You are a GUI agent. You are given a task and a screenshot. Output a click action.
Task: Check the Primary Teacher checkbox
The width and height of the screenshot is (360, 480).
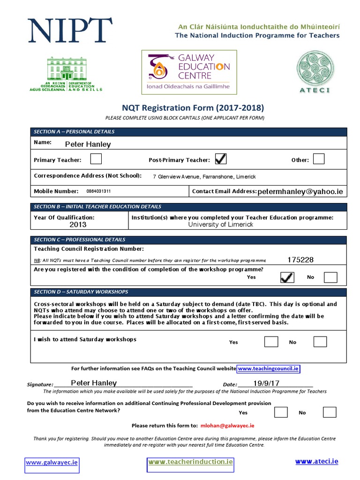coord(96,159)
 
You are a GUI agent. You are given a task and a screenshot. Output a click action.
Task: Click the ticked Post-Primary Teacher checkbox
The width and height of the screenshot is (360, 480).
coord(220,159)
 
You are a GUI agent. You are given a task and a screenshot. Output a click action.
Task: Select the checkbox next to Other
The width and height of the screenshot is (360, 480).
coord(319,159)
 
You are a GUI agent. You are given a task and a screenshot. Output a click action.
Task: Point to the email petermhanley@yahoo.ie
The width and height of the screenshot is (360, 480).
coord(300,191)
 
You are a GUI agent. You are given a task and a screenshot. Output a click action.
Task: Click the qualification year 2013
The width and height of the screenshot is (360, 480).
coord(78,225)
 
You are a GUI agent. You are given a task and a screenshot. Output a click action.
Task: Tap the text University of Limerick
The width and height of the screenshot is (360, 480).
coord(220,225)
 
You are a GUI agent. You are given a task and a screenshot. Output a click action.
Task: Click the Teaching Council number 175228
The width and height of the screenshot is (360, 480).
coord(300,260)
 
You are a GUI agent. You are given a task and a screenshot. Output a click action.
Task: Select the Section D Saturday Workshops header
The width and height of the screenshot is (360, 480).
coord(81,292)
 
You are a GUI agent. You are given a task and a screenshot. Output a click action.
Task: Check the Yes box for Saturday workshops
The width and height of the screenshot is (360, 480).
coord(271,341)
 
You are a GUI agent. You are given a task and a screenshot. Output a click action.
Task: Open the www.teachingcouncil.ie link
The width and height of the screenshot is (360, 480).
coord(268,369)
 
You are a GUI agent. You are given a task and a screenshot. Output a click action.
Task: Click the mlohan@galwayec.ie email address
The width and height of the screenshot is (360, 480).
coord(227,426)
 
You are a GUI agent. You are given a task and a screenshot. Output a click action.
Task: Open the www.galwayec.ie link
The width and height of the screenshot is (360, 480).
coord(52,462)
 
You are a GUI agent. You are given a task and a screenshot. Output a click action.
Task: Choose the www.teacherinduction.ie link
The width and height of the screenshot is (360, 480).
coord(190,462)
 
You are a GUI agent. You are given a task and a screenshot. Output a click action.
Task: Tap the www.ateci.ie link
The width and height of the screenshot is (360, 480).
coord(316,461)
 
